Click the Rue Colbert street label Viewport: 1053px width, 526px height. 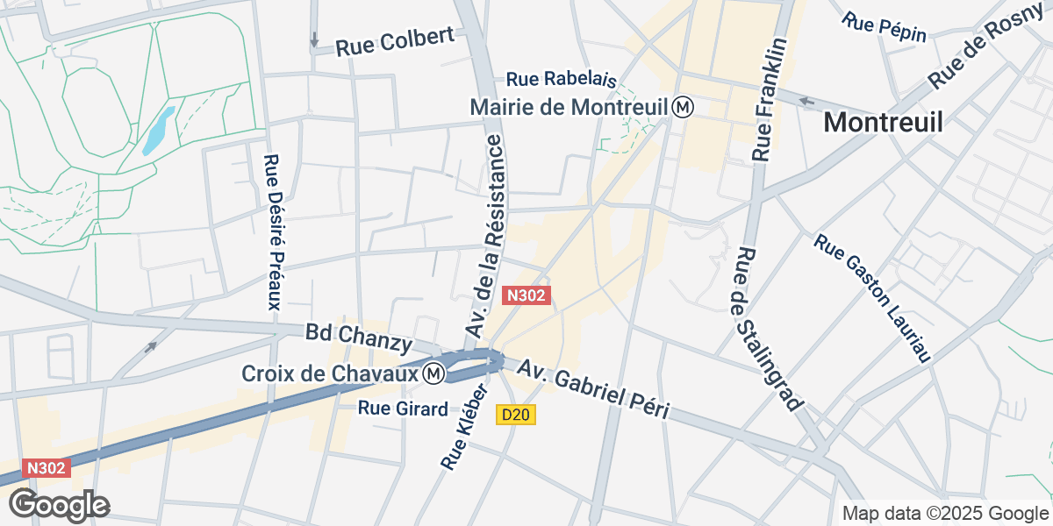395,40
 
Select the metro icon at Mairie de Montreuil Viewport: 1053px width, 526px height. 684,107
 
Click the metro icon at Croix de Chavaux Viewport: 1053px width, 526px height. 432,373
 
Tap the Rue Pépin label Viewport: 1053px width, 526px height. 885,27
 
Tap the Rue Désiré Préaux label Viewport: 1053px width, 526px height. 272,232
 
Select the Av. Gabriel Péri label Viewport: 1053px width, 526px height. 593,388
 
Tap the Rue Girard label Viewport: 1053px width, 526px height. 404,408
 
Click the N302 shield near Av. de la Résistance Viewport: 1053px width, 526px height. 526,296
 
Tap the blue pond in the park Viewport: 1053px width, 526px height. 159,130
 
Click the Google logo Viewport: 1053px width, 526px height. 59,506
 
